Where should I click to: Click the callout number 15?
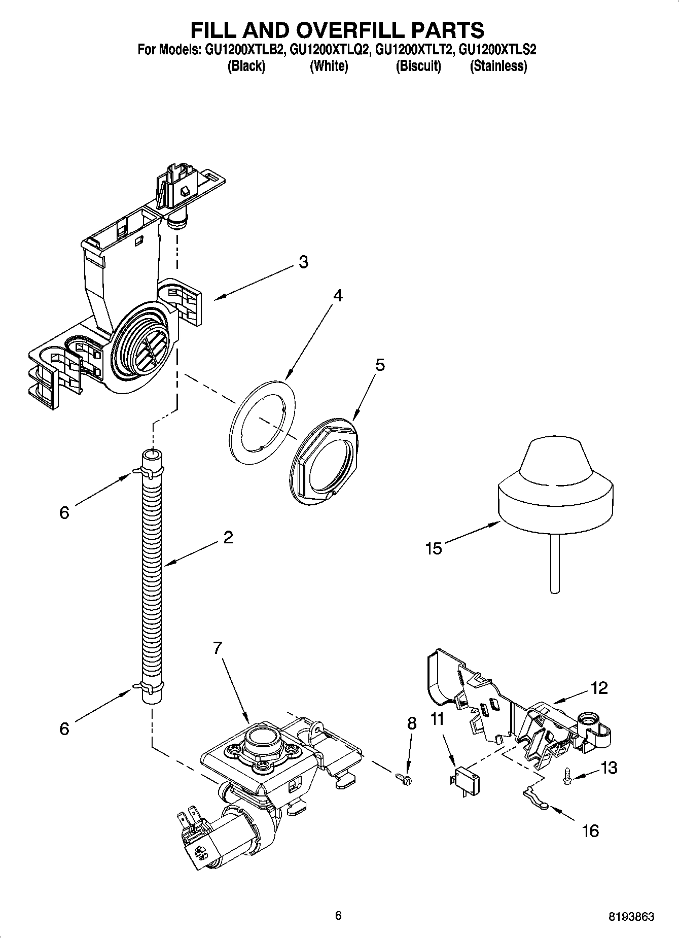(434, 548)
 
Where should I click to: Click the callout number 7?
(218, 648)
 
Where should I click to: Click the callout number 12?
(598, 688)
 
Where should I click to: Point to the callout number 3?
(303, 262)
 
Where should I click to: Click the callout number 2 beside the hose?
(228, 537)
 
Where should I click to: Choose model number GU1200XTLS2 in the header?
(497, 50)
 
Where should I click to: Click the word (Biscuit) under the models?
(418, 66)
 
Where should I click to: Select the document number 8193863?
(631, 917)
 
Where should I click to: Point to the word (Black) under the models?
(246, 66)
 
